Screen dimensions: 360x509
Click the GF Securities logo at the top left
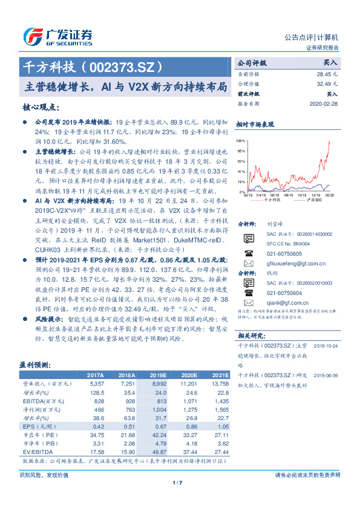point(57,36)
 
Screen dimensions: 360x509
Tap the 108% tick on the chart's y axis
point(241,140)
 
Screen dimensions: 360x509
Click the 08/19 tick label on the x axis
point(275,195)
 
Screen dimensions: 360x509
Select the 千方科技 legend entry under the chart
point(272,200)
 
